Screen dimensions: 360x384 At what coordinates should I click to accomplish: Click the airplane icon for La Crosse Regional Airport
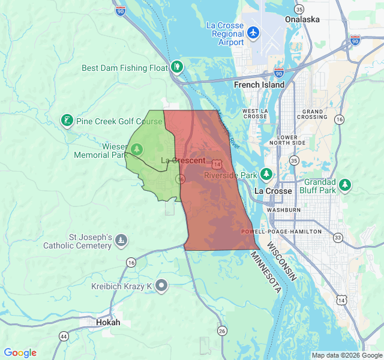pyautogui.click(x=253, y=31)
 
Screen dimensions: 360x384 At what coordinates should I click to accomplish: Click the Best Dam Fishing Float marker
pyautogui.click(x=176, y=66)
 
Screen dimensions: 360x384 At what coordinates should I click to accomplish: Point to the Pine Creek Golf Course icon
pyautogui.click(x=67, y=121)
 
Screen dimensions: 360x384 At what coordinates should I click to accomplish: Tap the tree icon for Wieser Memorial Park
pyautogui.click(x=137, y=148)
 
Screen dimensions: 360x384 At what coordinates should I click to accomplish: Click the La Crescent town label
pyautogui.click(x=184, y=160)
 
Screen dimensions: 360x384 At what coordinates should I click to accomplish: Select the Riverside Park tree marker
pyautogui.click(x=266, y=175)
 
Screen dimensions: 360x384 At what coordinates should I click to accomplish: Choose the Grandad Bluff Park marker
pyautogui.click(x=345, y=184)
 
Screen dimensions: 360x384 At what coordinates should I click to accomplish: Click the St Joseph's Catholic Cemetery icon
pyautogui.click(x=121, y=241)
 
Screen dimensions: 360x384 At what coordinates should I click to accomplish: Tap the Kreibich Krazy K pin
pyautogui.click(x=161, y=286)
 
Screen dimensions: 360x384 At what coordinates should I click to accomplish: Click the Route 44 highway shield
pyautogui.click(x=64, y=336)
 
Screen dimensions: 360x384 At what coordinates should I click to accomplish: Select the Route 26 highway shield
pyautogui.click(x=222, y=331)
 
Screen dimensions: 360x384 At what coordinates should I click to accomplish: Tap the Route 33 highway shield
pyautogui.click(x=338, y=238)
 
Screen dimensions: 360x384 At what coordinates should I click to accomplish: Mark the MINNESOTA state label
pyautogui.click(x=265, y=272)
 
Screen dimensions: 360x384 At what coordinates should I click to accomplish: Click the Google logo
pyautogui.click(x=20, y=353)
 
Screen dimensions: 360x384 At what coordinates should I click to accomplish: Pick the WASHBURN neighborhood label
pyautogui.click(x=283, y=210)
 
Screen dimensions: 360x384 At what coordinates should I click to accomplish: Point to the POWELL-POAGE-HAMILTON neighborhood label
pyautogui.click(x=281, y=231)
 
